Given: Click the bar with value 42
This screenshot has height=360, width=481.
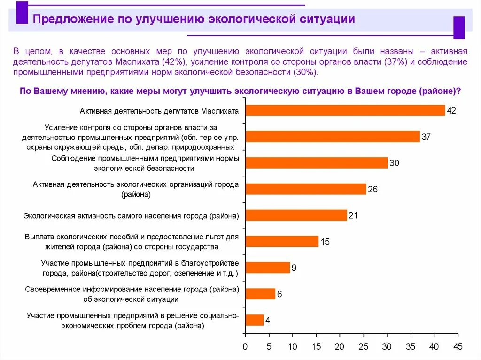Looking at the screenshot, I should tap(345, 110).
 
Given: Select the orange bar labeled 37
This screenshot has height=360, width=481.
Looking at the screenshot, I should tap(333, 137).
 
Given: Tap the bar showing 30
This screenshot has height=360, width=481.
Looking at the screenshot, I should tap(317, 163).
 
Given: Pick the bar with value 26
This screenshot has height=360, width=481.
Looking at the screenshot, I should tap(306, 189).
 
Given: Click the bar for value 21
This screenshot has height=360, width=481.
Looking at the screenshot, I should tap(296, 215).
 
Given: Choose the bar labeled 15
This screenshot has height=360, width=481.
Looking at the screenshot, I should tap(282, 242).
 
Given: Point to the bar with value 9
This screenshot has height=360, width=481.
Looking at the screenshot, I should tap(268, 268).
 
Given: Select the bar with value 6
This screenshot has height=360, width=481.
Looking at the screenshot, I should tap(260, 294).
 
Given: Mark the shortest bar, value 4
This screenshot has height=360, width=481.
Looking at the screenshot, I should tap(255, 320).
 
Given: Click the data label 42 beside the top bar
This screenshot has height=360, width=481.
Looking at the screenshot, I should tap(451, 111).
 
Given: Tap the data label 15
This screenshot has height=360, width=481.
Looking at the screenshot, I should tap(325, 242).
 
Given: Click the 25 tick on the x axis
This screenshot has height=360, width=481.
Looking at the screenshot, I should tap(363, 347).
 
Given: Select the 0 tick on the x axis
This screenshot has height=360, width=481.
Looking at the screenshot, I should tap(245, 347).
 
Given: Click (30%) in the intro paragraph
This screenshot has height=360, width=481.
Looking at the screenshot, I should tap(305, 72).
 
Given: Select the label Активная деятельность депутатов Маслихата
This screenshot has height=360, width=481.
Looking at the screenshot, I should tap(159, 111).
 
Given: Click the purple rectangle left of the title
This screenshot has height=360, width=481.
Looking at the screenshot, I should tap(22, 13).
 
